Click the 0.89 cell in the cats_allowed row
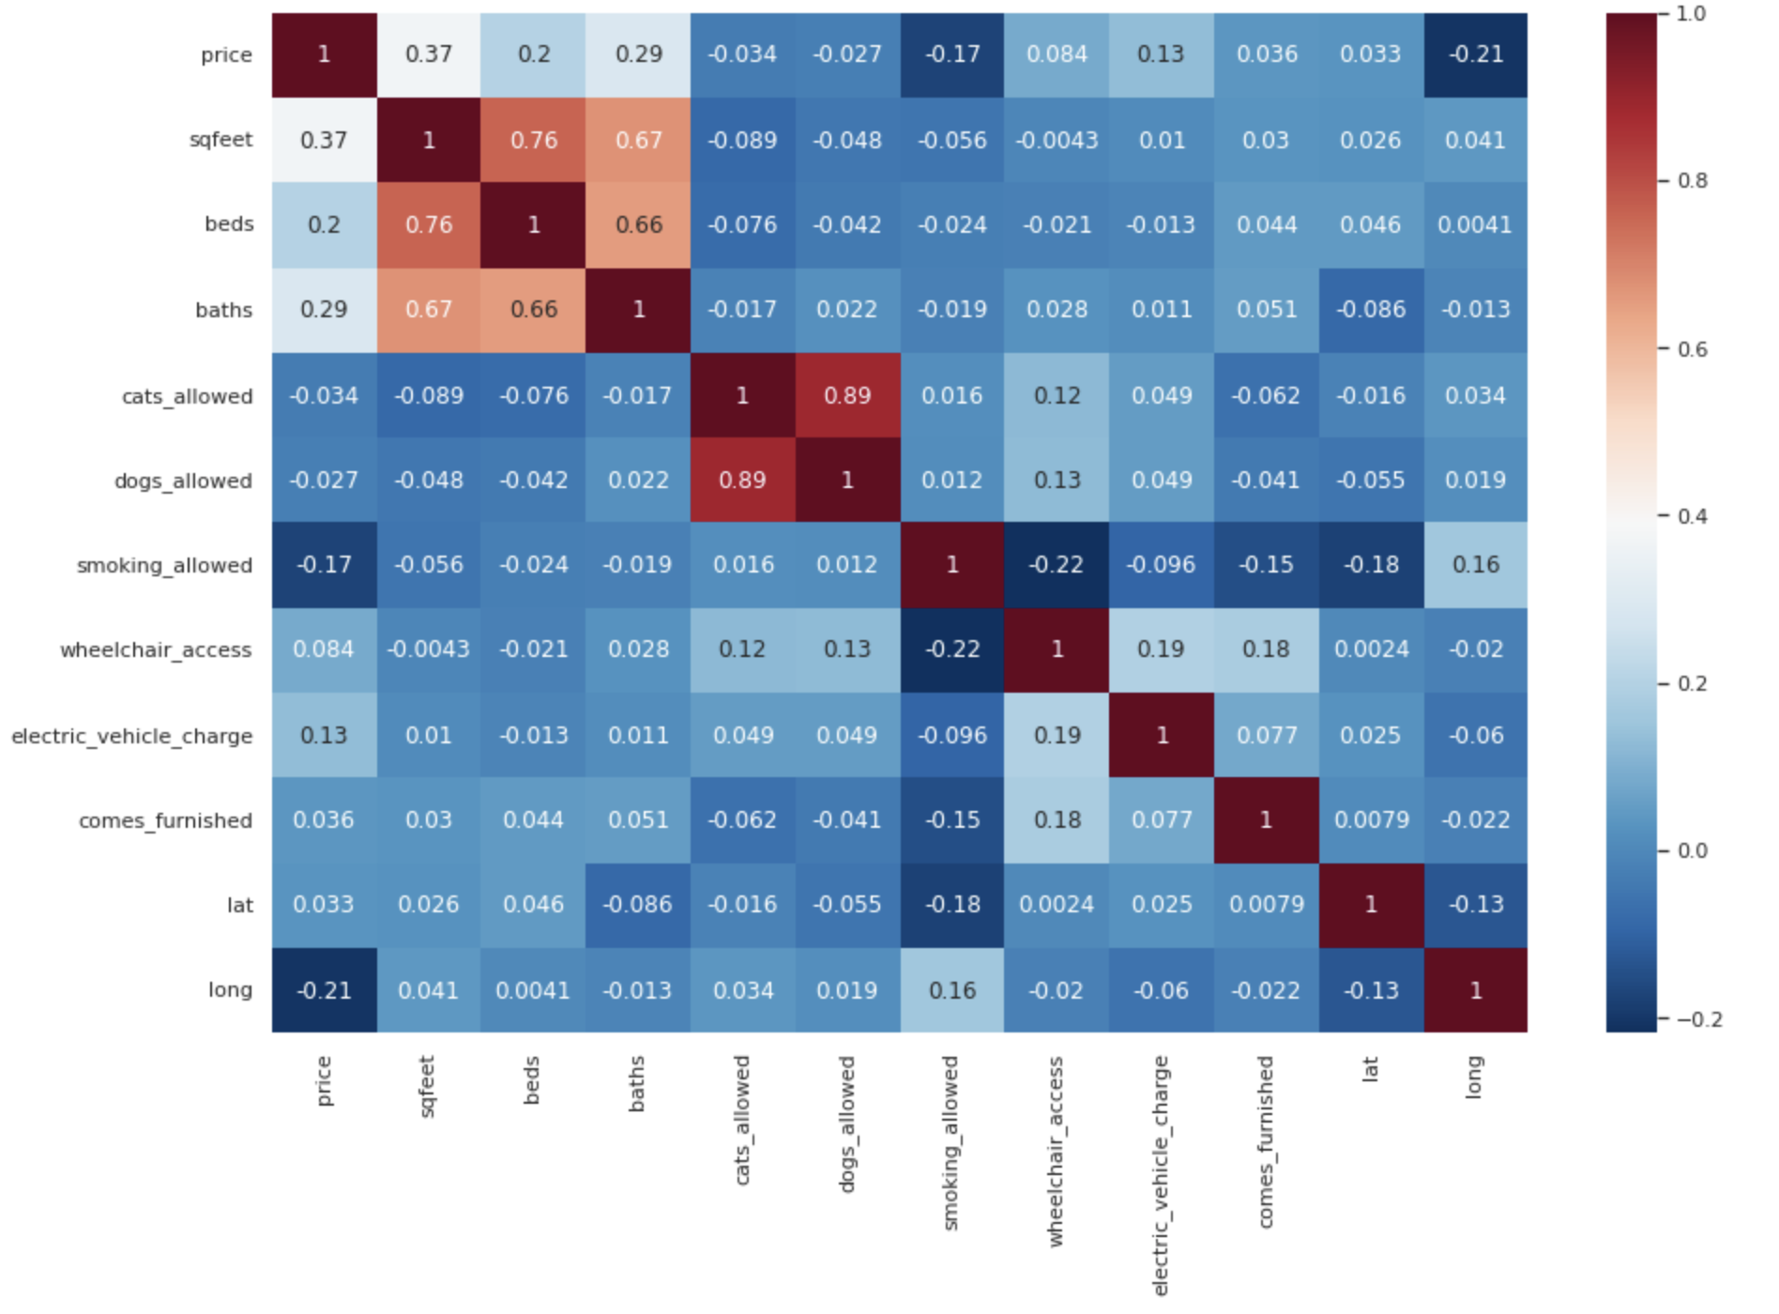(x=847, y=395)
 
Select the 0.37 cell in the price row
(x=429, y=54)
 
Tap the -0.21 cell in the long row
(x=324, y=990)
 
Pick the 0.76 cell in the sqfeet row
(x=534, y=140)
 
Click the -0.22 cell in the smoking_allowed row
(x=1057, y=565)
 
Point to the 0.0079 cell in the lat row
(x=1266, y=905)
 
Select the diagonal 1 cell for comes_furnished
(x=1266, y=820)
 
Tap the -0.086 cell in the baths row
(x=1371, y=310)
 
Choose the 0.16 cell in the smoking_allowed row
(x=1476, y=565)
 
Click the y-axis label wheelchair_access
(x=156, y=650)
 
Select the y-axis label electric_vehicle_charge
(x=132, y=736)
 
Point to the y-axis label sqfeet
(x=220, y=140)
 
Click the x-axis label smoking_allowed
(x=950, y=1143)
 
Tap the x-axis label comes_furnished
(x=1266, y=1141)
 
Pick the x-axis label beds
(x=532, y=1079)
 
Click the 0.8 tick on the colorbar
(x=1692, y=181)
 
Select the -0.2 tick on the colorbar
(x=1698, y=1019)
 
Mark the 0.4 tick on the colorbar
(x=1692, y=516)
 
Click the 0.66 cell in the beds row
(x=639, y=225)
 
